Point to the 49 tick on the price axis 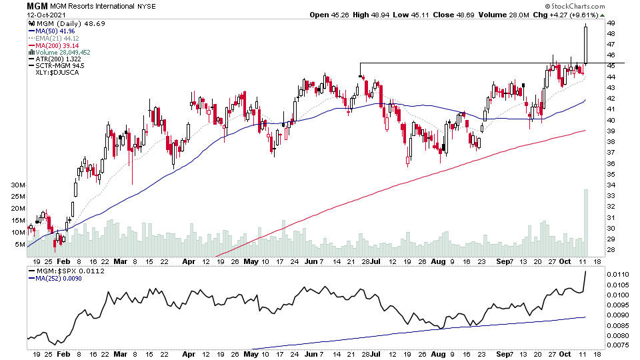pyautogui.click(x=611, y=23)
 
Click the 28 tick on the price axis pyautogui.click(x=611, y=250)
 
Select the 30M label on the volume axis pyautogui.click(x=17, y=185)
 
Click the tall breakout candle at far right pyautogui.click(x=585, y=44)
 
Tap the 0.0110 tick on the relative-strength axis pyautogui.click(x=617, y=274)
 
